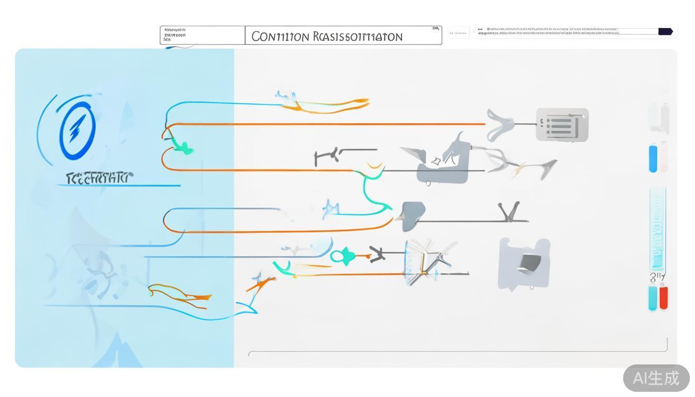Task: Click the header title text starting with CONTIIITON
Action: pyautogui.click(x=326, y=37)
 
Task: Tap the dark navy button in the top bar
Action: pyautogui.click(x=665, y=32)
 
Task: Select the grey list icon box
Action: pyautogui.click(x=562, y=125)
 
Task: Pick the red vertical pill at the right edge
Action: pyautogui.click(x=663, y=298)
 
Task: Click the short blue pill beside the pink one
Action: pyautogui.click(x=653, y=158)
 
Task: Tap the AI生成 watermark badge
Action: pyautogui.click(x=656, y=378)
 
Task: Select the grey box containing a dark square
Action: pyautogui.click(x=524, y=263)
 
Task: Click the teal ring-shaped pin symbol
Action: pyautogui.click(x=342, y=255)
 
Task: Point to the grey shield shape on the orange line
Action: pyautogui.click(x=413, y=216)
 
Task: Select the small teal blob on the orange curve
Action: pyautogui.click(x=183, y=149)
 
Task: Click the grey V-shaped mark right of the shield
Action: pyautogui.click(x=509, y=212)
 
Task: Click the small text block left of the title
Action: pyautogui.click(x=175, y=35)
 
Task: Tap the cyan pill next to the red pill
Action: pyautogui.click(x=653, y=298)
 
